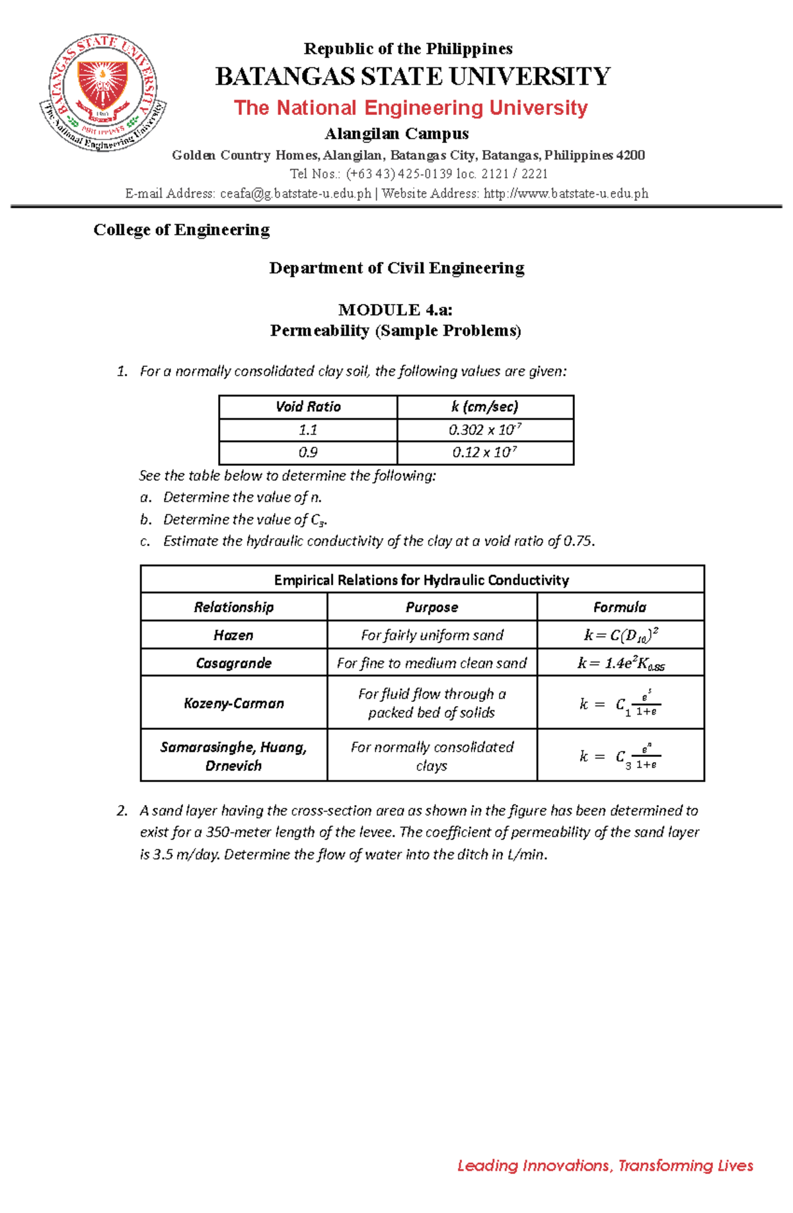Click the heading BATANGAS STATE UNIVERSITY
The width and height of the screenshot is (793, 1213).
pos(412,77)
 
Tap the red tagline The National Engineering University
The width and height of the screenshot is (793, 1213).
pos(410,108)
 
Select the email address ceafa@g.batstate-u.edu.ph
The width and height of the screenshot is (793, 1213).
pos(295,194)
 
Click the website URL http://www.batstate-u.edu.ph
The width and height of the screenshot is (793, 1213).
pos(566,194)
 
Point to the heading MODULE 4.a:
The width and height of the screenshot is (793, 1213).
pos(395,310)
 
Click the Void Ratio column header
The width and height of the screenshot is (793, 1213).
pos(308,407)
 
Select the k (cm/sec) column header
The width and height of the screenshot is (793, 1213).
pos(485,407)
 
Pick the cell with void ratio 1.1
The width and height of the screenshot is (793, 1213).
pos(308,430)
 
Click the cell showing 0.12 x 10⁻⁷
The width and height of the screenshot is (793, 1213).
pos(485,453)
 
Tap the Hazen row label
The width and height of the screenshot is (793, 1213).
pos(233,635)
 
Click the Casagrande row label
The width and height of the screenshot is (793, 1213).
pos(233,663)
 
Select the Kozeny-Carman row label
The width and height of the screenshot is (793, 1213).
pos(233,703)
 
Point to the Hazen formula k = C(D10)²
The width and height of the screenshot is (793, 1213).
pos(621,635)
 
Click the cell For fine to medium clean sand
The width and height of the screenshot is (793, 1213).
pos(432,663)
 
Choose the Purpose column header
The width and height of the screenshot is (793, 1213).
pos(432,607)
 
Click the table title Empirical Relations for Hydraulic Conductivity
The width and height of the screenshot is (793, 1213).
pos(422,580)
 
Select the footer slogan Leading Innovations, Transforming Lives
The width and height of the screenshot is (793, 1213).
pos(605,1165)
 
